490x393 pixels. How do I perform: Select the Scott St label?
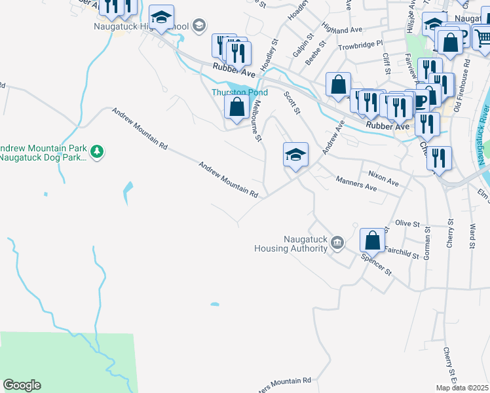292,103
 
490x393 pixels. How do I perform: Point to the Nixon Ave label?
383,178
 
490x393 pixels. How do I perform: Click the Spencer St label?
376,262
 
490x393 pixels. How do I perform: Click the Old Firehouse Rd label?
466,88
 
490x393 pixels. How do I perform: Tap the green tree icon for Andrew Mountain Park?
98,152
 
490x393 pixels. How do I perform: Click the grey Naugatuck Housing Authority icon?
337,243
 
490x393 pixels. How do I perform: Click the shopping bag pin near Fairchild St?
372,240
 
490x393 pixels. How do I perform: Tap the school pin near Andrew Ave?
295,155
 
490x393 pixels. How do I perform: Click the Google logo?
22,385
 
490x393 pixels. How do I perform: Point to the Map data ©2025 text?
462,388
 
